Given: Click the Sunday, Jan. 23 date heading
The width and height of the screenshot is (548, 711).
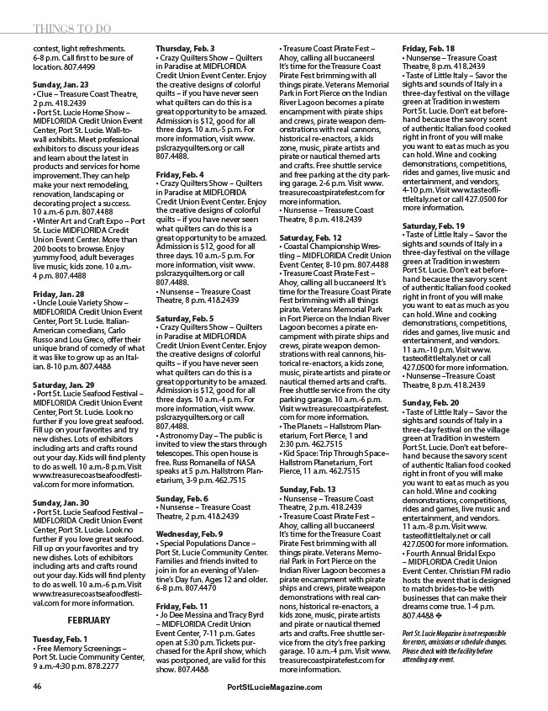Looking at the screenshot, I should click(x=61, y=86).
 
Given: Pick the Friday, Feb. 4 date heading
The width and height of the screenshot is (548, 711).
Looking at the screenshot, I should click(x=180, y=151).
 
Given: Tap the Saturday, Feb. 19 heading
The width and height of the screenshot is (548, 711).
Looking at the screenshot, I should click(x=434, y=226).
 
